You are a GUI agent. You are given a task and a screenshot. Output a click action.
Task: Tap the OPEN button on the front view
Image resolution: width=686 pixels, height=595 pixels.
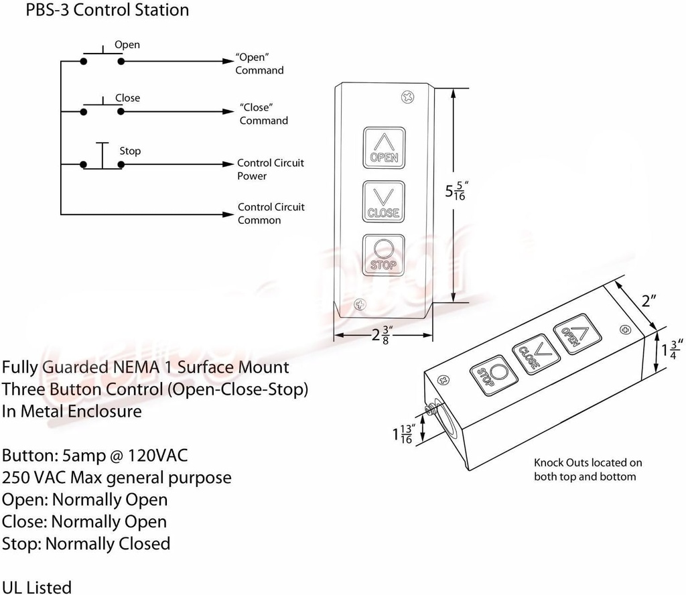tap(384, 147)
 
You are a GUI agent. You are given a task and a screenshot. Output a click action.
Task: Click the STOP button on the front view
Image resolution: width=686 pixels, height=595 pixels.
tap(384, 255)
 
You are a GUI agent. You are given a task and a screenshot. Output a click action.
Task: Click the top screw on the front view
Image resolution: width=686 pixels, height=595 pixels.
tap(407, 97)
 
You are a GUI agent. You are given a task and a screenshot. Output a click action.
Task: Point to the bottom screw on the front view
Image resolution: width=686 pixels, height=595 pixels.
tap(360, 305)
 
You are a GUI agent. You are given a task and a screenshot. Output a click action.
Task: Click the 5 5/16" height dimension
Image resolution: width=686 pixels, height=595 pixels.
tap(456, 192)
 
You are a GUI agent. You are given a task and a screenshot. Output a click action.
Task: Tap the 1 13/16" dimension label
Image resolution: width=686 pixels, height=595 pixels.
tap(403, 434)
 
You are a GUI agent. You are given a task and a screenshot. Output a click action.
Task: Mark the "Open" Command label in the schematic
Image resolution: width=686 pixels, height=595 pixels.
tap(259, 64)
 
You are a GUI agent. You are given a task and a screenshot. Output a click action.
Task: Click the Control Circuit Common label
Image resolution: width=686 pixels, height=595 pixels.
tap(271, 214)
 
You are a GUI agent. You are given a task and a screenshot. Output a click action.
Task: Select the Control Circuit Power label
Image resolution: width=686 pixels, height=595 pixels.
tap(270, 170)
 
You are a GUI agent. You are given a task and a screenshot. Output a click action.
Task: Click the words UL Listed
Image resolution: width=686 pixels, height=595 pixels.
tap(37, 587)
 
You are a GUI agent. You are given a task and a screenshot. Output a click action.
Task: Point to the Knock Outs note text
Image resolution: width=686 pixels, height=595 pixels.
tap(588, 470)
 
